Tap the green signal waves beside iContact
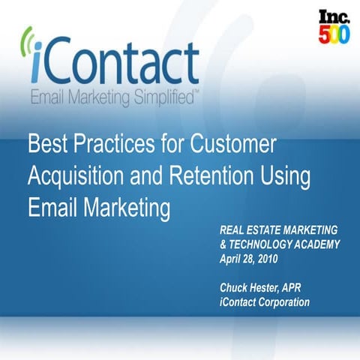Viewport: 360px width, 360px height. [28, 47]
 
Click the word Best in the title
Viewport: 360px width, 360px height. [49, 145]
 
